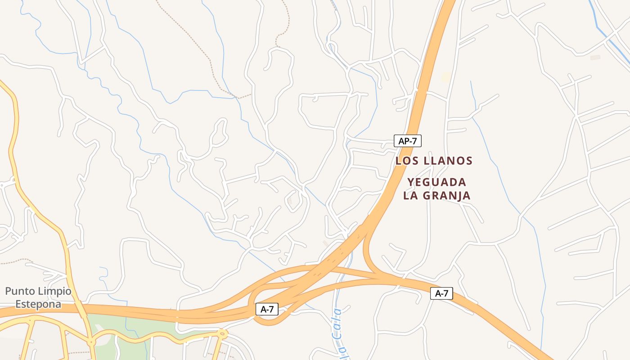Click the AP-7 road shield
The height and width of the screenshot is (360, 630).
click(x=408, y=141)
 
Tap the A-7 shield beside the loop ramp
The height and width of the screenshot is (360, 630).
click(x=267, y=309)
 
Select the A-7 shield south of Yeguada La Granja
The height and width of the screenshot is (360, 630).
click(x=441, y=293)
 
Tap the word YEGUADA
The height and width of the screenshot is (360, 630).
click(x=437, y=182)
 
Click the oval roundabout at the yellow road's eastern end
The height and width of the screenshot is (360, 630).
click(x=222, y=333)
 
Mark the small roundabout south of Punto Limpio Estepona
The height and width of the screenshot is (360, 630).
click(x=92, y=342)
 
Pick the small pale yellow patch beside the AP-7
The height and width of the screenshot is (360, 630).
click(x=445, y=77)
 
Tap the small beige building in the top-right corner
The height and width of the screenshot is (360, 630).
click(x=595, y=58)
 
